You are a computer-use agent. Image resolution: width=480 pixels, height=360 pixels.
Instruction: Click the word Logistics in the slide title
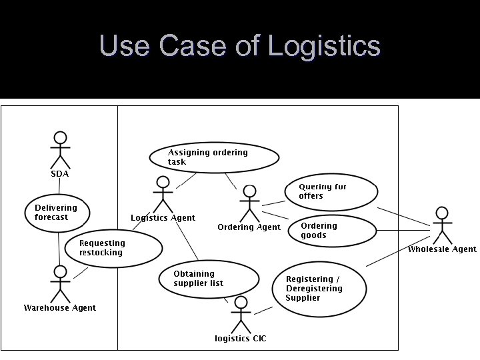tap(324, 46)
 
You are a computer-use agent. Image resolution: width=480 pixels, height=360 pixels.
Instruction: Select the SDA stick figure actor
tap(60, 150)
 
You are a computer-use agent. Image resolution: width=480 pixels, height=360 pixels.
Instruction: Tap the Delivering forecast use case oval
tap(59, 211)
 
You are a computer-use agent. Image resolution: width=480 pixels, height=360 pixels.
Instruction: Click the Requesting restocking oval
tap(113, 248)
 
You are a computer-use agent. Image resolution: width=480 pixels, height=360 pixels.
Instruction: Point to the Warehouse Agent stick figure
tap(61, 283)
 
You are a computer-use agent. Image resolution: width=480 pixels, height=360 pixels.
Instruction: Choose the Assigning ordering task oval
tap(213, 157)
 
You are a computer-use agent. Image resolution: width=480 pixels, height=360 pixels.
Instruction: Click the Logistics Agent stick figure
tap(162, 195)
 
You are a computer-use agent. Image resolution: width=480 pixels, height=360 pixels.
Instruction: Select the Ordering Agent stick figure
tap(249, 203)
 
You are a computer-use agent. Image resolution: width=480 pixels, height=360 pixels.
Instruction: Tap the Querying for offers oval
tap(331, 191)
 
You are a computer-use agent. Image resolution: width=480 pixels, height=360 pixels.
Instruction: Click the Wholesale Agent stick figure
tap(441, 225)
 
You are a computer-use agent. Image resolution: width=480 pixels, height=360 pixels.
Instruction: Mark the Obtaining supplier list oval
tap(208, 279)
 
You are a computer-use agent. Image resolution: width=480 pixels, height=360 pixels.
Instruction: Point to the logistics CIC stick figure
tap(240, 314)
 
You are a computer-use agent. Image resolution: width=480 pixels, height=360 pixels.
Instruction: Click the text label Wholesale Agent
tap(442, 249)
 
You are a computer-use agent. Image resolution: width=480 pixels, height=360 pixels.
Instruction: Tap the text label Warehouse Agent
tap(60, 308)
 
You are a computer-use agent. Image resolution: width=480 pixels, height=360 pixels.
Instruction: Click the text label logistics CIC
tap(240, 339)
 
